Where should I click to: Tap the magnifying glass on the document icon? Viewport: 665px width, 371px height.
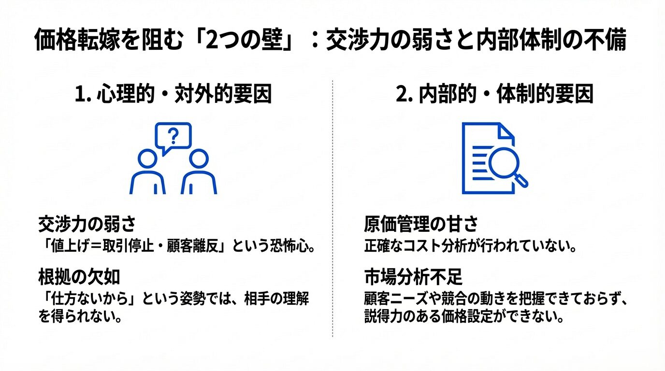click(x=504, y=165)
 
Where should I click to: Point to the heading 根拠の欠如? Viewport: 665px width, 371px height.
click(x=79, y=277)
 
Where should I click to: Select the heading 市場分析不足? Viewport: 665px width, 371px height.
click(x=413, y=277)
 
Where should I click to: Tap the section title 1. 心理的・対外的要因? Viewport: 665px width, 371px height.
click(x=173, y=95)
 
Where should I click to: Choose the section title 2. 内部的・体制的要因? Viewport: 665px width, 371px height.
click(x=494, y=95)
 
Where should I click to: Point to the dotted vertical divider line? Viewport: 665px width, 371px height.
click(x=332, y=208)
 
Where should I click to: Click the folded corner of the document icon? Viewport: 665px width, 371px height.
click(x=506, y=131)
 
